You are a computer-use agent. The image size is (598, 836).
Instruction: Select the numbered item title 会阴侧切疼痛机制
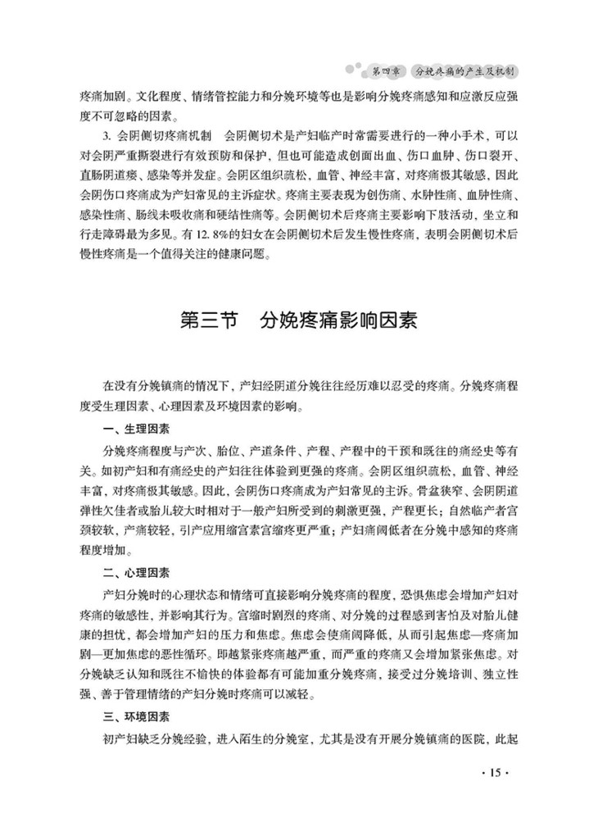(171, 134)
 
